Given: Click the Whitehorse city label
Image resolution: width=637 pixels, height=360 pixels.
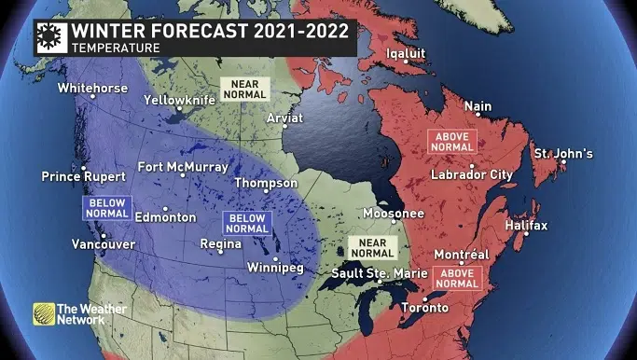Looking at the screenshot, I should (92, 89).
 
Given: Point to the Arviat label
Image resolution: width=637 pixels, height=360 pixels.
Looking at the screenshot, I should (284, 119).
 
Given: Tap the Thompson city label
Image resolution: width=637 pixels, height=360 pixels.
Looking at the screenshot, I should (266, 183).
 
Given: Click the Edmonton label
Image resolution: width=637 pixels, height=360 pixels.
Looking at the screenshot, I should (165, 217).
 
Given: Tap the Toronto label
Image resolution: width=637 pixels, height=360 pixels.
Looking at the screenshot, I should (423, 308).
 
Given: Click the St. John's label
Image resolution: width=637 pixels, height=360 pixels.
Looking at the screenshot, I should (562, 153).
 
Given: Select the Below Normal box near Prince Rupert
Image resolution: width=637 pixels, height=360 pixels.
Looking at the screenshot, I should (104, 206).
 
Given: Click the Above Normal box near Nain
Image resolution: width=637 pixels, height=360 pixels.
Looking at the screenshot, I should (452, 142).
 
